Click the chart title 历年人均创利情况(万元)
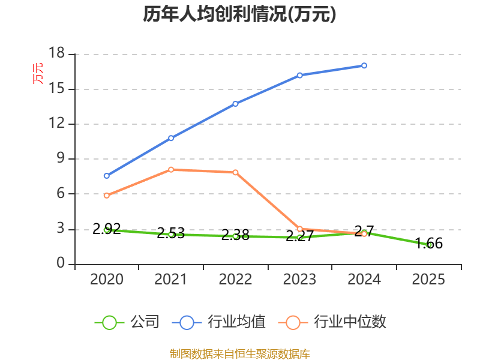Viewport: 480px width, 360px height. [239, 14]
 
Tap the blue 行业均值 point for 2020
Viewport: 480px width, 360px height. [107, 176]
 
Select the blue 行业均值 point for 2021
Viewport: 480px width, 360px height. [171, 138]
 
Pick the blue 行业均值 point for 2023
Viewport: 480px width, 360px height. [299, 75]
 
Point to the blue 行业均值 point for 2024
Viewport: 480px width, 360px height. [364, 65]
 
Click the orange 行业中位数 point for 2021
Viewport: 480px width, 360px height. [171, 170]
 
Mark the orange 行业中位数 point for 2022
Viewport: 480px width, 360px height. [235, 172]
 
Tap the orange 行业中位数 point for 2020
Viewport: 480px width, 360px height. [107, 196]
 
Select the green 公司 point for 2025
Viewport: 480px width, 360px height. [428, 245]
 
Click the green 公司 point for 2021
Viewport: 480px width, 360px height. [171, 235]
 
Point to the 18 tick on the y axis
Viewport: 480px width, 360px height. [56, 54]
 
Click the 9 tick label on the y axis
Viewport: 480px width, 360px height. [61, 159]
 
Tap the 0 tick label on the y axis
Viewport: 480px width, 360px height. [61, 264]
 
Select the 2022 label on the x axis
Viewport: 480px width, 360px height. [235, 280]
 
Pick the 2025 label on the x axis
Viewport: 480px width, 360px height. [428, 280]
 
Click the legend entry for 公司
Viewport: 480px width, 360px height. [128, 322]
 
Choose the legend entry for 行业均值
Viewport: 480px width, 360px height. [219, 322]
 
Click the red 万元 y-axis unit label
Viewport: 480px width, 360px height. [38, 73]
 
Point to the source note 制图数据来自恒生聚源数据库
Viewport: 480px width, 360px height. [239, 353]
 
